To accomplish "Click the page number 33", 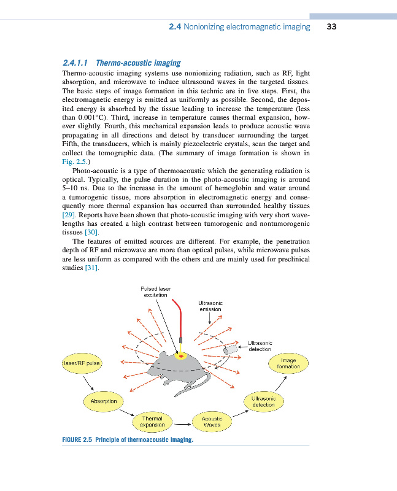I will (x=332, y=27).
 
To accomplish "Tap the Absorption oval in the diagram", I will (x=103, y=401).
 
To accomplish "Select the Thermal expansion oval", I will (x=152, y=422).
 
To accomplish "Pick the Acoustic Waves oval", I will (x=212, y=422).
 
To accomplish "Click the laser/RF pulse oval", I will (x=81, y=363).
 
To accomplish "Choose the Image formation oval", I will (x=288, y=363).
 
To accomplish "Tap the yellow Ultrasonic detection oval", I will (x=264, y=401).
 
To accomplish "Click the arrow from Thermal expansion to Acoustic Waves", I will (x=182, y=423).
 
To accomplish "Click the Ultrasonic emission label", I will (x=210, y=306).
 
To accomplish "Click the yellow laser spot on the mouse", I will (x=180, y=356).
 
